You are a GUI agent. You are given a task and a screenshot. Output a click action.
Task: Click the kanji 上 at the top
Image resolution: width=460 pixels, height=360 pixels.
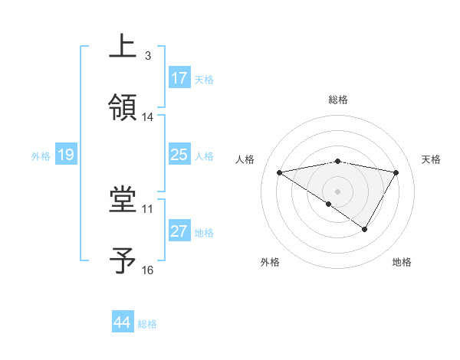click(x=122, y=46)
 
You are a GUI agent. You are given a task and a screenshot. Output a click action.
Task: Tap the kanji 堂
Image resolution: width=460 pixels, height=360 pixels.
click(x=122, y=200)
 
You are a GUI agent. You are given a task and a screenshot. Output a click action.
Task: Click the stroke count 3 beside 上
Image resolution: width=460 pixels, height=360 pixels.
click(x=148, y=56)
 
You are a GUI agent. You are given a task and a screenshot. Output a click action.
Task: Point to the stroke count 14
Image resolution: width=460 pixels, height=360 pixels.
click(x=148, y=117)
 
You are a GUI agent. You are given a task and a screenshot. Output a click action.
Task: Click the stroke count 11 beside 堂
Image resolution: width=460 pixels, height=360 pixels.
click(x=148, y=208)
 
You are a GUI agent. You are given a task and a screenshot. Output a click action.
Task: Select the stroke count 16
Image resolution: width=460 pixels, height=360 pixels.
click(x=148, y=270)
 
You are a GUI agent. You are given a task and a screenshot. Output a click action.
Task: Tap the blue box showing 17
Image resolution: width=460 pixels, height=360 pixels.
click(x=179, y=78)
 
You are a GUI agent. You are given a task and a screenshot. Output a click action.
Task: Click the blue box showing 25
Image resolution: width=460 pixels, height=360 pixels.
click(x=179, y=155)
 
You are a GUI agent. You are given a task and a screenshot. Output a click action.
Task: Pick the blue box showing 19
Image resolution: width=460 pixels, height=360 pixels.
click(x=66, y=155)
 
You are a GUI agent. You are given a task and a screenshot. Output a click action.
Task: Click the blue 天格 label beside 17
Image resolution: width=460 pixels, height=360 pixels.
click(x=203, y=79)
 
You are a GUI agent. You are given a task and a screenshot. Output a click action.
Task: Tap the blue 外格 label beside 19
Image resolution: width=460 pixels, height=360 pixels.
click(x=41, y=156)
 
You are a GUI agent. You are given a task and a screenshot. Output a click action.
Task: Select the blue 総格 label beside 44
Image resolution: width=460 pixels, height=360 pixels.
click(x=147, y=324)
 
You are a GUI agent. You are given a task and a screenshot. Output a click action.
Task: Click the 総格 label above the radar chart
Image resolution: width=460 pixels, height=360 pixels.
click(x=338, y=100)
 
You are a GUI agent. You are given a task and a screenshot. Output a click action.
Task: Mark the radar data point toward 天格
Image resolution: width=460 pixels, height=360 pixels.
click(x=396, y=172)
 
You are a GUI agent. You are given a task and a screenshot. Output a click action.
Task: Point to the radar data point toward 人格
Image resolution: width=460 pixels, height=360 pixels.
click(x=280, y=172)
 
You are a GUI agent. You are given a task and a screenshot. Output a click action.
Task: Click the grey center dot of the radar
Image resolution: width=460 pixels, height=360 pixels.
click(x=338, y=190)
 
